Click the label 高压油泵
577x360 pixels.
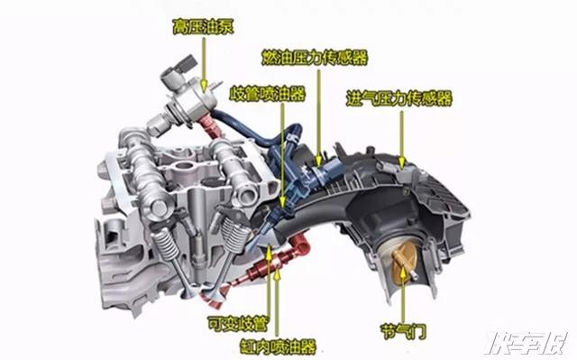click(x=203, y=27)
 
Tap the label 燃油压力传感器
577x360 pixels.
click(x=315, y=58)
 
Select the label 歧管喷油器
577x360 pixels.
click(x=268, y=94)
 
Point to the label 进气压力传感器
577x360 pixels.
click(x=398, y=98)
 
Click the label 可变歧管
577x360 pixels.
click(x=238, y=324)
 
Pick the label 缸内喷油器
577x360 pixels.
click(x=278, y=346)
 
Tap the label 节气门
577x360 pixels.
click(x=403, y=331)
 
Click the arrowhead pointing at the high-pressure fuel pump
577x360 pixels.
click(x=204, y=86)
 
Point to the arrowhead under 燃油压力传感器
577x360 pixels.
click(x=318, y=160)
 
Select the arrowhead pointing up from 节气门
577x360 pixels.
click(x=403, y=275)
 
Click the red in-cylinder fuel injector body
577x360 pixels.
click(x=259, y=272)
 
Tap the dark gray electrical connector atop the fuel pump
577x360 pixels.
click(x=186, y=64)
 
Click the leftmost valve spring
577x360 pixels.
click(x=166, y=244)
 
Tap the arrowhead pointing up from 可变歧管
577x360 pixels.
click(x=269, y=254)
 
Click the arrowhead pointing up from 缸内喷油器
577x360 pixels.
click(x=278, y=274)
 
